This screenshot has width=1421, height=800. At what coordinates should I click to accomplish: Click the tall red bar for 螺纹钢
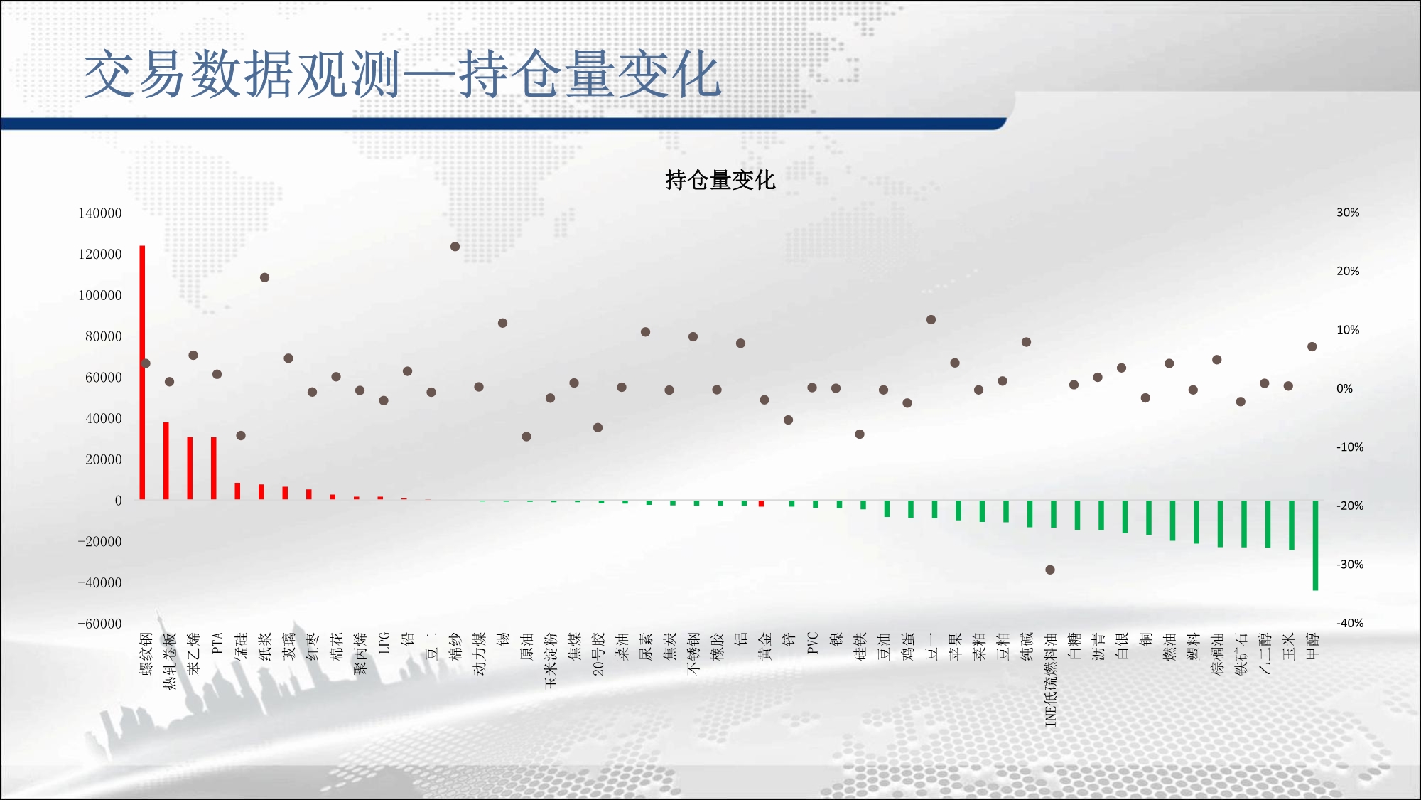coord(142,373)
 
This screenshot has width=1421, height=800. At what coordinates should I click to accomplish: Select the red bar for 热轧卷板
coord(166,461)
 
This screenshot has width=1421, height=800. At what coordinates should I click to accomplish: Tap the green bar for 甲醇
coord(1315,545)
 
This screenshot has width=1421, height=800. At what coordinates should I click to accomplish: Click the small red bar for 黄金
coord(762,503)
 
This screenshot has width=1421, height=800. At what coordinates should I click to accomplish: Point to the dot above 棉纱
coord(455,247)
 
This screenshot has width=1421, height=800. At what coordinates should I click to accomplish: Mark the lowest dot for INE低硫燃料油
coord(1050,570)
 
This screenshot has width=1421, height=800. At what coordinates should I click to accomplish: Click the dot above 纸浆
coord(264,277)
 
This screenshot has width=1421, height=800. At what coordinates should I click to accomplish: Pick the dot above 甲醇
coord(1312,347)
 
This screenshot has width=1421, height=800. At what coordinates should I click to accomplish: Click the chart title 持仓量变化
coord(720,180)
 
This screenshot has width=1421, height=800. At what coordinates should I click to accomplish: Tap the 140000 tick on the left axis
coord(100,213)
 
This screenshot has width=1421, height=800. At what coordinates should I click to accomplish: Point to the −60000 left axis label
coord(100,624)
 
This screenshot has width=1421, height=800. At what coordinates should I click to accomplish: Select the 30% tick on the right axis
coord(1348,213)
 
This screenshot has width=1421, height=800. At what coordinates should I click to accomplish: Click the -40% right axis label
coord(1350,623)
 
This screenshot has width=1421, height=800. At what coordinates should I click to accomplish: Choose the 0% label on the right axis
coord(1344,388)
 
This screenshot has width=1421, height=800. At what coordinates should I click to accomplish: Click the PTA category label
coord(217,643)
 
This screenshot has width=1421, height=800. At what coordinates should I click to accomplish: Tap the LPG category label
coord(384,643)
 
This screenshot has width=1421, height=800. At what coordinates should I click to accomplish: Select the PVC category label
coord(813,643)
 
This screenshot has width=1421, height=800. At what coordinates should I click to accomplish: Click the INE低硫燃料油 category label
coord(1051,679)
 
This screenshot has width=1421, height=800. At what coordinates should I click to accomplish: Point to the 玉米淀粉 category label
coord(551,661)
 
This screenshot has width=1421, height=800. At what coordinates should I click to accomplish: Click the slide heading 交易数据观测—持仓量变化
coord(403,74)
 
